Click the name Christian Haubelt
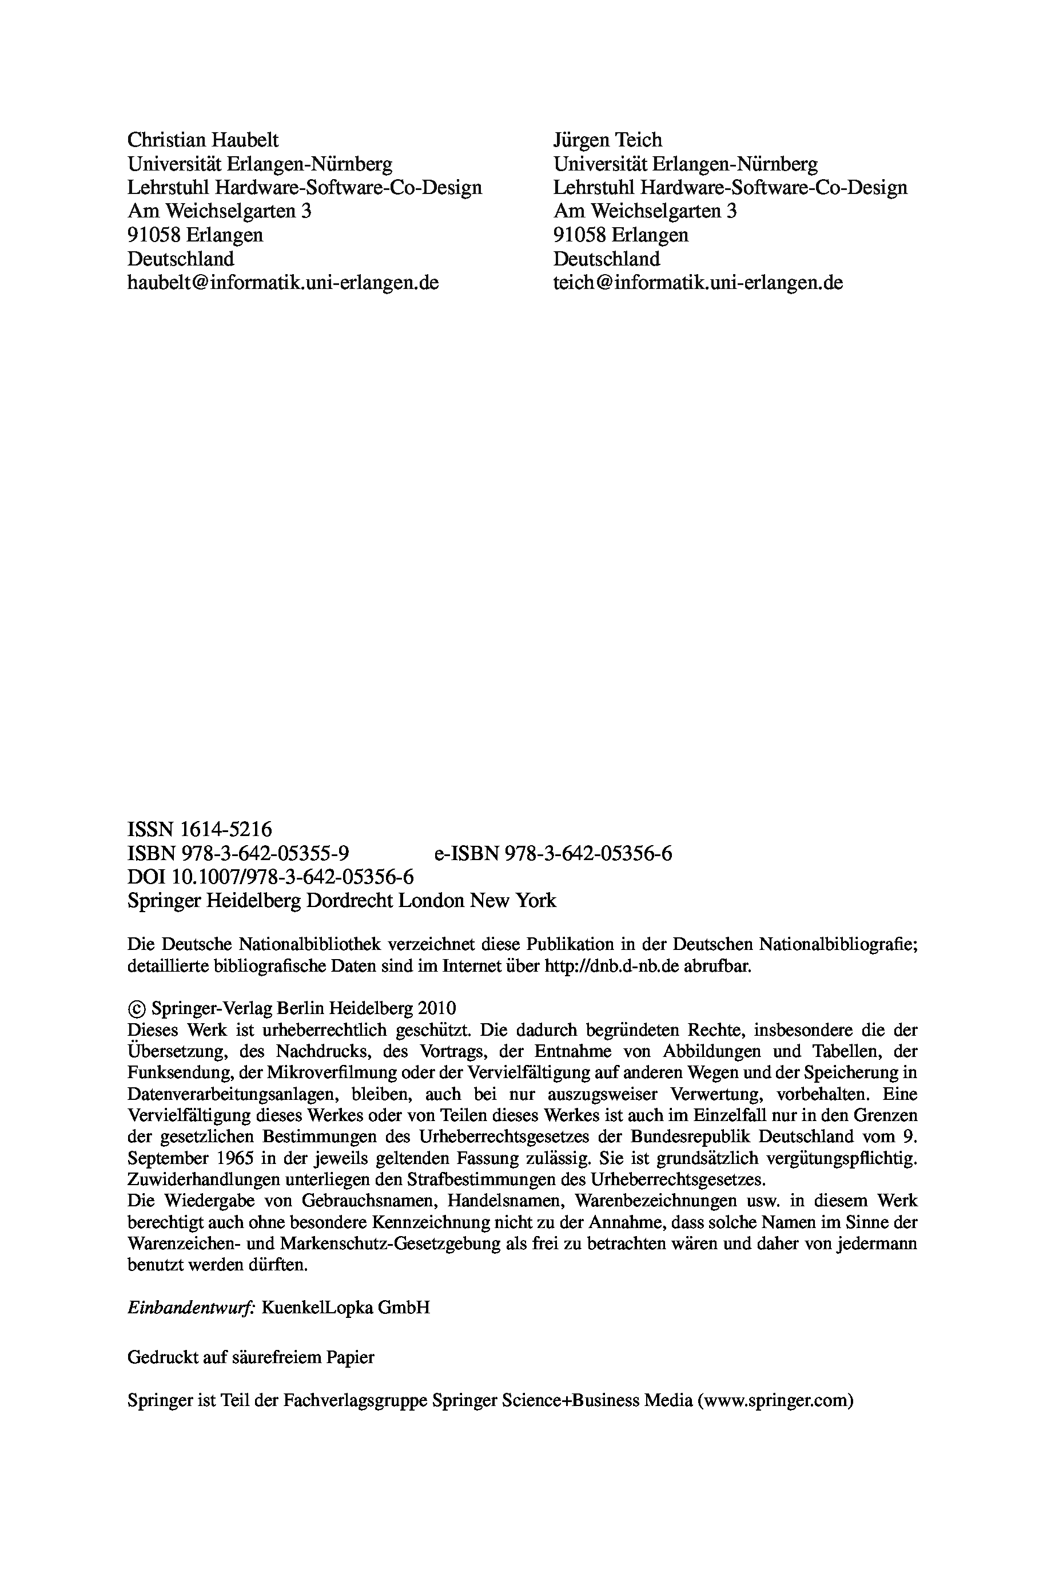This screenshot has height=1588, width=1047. (203, 140)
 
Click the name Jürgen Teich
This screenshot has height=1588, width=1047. (608, 140)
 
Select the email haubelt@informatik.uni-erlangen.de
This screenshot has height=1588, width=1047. (283, 283)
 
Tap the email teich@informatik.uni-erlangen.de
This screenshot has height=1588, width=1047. (698, 283)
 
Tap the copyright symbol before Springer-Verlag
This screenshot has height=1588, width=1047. (136, 1009)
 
